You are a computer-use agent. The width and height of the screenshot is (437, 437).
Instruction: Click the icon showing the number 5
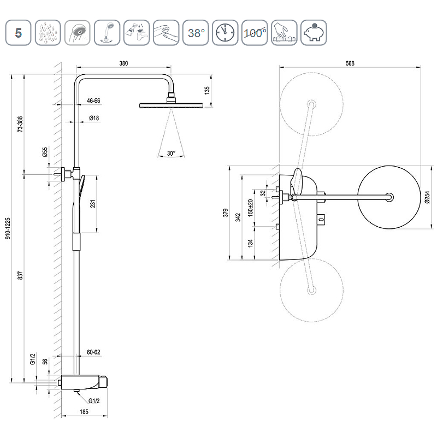point(19,33)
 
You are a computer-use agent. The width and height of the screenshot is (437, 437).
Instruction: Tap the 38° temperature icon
point(196,33)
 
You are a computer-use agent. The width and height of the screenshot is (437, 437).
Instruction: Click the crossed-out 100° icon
point(255,33)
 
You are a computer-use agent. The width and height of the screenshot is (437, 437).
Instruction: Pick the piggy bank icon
point(314,33)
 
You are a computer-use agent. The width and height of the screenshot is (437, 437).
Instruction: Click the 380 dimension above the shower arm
point(123,64)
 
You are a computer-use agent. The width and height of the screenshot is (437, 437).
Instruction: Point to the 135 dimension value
point(206,90)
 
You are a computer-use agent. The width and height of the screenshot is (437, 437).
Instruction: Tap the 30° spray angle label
point(171,153)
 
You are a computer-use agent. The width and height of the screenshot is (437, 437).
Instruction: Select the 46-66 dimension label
point(93,101)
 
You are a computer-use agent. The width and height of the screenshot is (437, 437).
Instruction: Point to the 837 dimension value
point(20,276)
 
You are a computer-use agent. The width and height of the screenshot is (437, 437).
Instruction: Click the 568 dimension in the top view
point(350,64)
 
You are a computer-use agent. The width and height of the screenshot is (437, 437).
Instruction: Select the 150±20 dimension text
point(251,209)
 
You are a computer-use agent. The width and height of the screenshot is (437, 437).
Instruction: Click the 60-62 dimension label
point(94,352)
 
